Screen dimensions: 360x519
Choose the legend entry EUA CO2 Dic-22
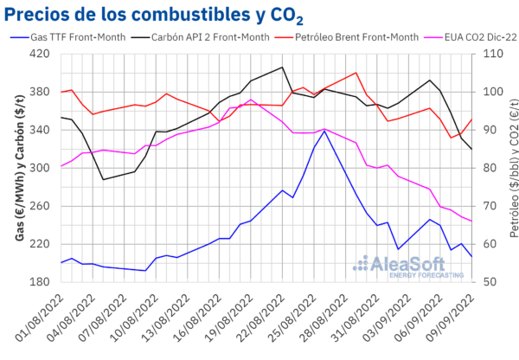(x=467, y=37)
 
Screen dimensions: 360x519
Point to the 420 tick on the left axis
(x=41, y=54)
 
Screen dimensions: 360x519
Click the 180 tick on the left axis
(x=41, y=282)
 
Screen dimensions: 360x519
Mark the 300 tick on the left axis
(x=41, y=168)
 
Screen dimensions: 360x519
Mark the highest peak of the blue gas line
(x=324, y=131)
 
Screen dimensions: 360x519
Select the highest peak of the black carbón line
(x=283, y=67)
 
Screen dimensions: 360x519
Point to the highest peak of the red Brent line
(x=356, y=73)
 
